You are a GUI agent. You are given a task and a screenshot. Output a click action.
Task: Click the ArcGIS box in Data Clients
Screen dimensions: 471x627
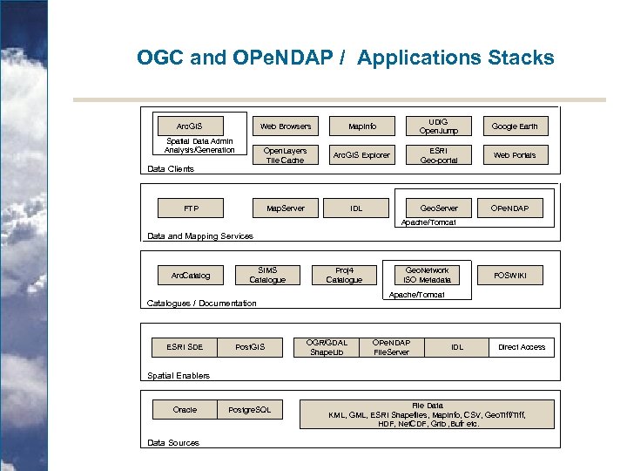[x=189, y=126]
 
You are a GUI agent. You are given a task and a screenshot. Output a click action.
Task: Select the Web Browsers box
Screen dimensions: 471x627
[x=285, y=126]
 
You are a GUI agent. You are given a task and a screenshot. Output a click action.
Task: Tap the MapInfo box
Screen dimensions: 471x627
[x=362, y=126]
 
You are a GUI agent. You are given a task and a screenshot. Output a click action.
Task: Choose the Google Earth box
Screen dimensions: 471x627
[x=515, y=126]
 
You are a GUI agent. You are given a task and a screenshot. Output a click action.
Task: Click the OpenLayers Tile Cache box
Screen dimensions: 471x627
[x=285, y=155]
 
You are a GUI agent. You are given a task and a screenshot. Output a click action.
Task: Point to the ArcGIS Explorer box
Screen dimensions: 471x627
[x=362, y=155]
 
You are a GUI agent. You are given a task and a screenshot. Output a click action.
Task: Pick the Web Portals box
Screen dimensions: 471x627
[x=515, y=155]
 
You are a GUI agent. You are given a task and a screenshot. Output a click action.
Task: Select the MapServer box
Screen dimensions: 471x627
[x=285, y=208]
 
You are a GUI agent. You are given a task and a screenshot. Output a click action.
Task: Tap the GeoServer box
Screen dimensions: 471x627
[x=440, y=208]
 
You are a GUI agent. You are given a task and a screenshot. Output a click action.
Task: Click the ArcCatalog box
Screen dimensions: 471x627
[x=190, y=276]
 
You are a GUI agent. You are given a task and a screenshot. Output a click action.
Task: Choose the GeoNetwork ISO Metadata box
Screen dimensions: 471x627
[x=428, y=275]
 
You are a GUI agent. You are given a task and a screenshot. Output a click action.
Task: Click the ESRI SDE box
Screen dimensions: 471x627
[x=185, y=347]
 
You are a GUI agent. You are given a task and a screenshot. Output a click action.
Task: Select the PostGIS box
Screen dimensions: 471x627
[x=250, y=347]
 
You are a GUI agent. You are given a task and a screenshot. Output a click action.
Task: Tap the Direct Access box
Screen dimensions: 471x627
[x=522, y=347]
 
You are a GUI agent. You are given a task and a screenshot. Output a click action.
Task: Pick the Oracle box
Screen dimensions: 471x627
[x=185, y=410]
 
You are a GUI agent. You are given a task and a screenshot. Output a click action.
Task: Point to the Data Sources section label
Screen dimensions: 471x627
[x=173, y=443]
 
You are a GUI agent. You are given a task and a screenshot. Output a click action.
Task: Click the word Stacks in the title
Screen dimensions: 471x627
[x=517, y=58]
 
